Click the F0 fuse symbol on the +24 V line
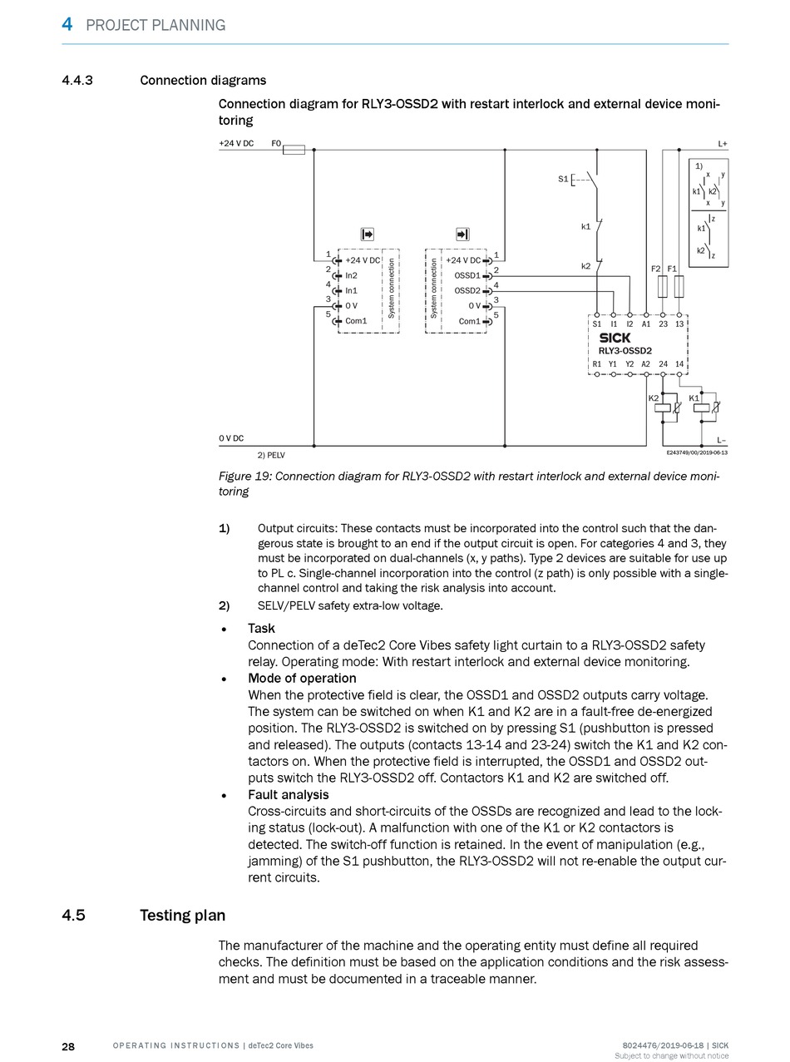tap(294, 150)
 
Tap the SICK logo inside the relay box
tap(615, 338)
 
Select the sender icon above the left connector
tap(367, 235)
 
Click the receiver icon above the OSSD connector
tap(462, 235)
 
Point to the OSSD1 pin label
tap(467, 275)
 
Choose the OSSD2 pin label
tap(467, 290)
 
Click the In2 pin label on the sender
tap(351, 275)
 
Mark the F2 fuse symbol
tap(663, 288)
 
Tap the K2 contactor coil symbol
tap(663, 408)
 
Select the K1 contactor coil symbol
tap(702, 408)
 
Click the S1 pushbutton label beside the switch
tap(563, 179)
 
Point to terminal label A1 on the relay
tap(646, 324)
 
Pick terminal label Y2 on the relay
tap(630, 364)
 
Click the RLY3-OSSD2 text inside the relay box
tap(625, 351)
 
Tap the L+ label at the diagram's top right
tap(723, 144)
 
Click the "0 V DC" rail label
tap(231, 438)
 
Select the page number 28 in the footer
tap(68, 1046)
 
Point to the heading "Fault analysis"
tap(288, 794)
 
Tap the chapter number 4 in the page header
tap(67, 24)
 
